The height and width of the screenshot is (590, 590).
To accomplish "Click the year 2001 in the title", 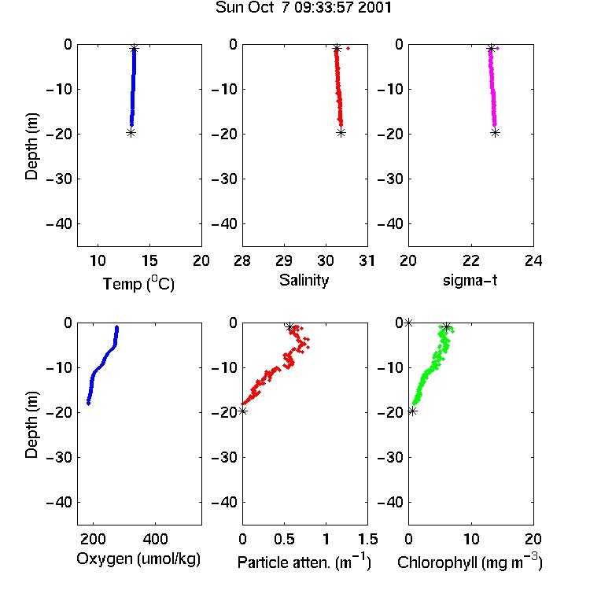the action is [374, 8].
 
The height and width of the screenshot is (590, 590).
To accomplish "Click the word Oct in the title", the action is [260, 8].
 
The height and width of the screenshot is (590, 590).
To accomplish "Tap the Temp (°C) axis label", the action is [138, 283].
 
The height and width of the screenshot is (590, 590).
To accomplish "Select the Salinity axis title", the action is [304, 281].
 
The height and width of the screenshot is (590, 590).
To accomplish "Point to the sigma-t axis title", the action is [470, 281].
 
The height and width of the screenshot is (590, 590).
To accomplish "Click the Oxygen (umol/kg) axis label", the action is [138, 559].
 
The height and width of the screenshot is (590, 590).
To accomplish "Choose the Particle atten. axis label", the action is [304, 562].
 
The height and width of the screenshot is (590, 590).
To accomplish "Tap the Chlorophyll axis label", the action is [470, 562].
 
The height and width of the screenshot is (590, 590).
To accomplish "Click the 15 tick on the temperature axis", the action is [149, 260].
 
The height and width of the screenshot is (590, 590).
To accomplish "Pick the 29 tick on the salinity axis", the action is [284, 260].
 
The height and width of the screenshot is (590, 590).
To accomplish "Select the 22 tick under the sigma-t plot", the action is [471, 260].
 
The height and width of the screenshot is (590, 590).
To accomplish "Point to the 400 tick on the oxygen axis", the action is [155, 539].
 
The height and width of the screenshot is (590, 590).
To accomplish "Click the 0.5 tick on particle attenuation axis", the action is [284, 539].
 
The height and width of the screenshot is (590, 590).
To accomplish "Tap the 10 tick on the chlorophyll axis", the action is [471, 539].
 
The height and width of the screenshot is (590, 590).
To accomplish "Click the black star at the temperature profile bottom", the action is [131, 132].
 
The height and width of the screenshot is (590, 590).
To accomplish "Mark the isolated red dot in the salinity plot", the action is [348, 48].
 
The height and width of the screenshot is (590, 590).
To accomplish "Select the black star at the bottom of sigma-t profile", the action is [495, 132].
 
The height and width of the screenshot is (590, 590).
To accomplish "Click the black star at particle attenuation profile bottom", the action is [243, 411].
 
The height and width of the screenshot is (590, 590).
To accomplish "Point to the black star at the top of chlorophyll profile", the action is [446, 326].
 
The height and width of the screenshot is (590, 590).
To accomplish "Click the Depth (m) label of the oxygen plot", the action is [31, 425].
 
